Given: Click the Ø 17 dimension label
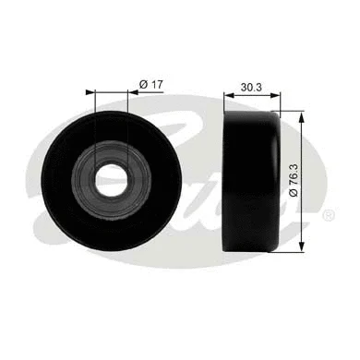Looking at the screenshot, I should point(150,84).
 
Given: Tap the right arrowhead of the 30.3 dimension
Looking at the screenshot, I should point(276,91).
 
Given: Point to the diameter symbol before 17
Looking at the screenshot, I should point(143,84).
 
